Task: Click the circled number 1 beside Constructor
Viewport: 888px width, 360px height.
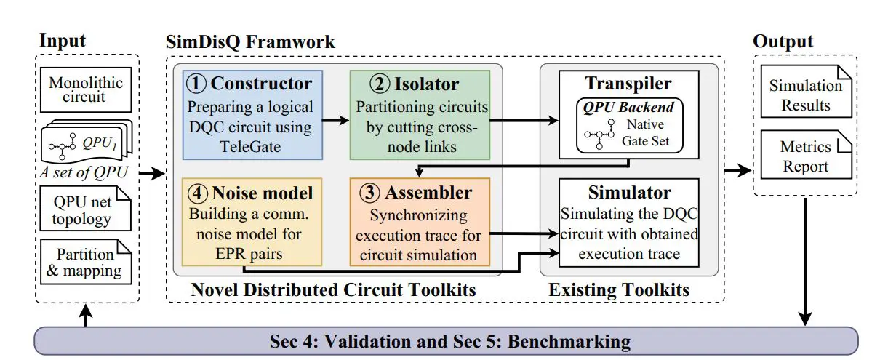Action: pos(196,83)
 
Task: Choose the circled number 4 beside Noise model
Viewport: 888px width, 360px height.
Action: pos(196,193)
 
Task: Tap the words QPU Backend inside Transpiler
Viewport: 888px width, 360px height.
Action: pos(627,107)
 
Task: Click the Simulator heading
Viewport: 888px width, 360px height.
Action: pos(628,194)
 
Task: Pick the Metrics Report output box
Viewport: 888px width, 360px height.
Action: pos(805,156)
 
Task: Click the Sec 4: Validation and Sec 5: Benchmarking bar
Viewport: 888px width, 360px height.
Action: pos(447,340)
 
